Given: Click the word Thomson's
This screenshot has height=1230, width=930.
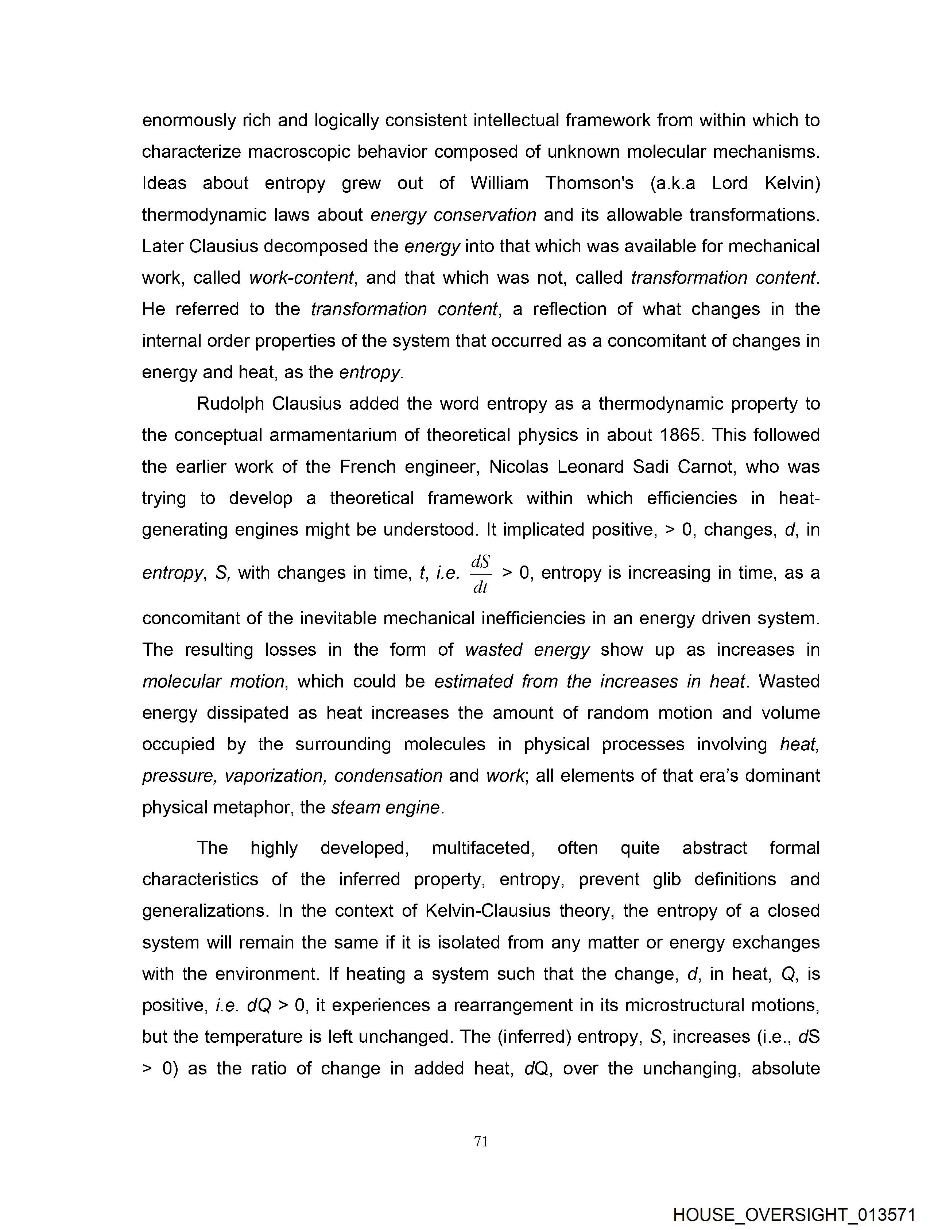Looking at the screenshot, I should (589, 183).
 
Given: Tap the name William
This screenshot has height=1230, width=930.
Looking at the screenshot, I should (499, 183).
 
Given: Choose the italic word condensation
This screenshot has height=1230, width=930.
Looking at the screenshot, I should (388, 776).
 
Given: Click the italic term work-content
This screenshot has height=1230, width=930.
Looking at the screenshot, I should (302, 277).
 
